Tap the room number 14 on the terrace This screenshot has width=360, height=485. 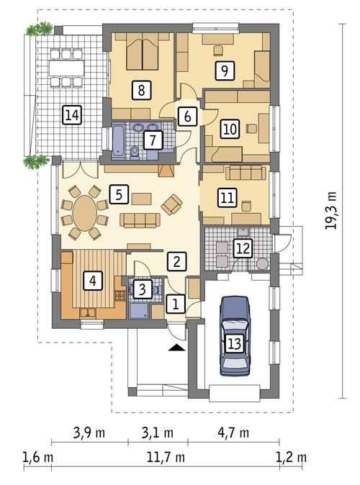[71, 114]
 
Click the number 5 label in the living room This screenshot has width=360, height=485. [120, 194]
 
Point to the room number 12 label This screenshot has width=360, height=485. [243, 248]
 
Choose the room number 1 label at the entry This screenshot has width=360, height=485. [174, 304]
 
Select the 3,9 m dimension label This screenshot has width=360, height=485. [89, 433]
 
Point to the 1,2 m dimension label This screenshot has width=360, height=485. [292, 457]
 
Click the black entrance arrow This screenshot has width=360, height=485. [174, 348]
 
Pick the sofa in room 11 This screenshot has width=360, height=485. [246, 173]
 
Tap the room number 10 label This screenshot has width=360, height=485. [229, 130]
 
